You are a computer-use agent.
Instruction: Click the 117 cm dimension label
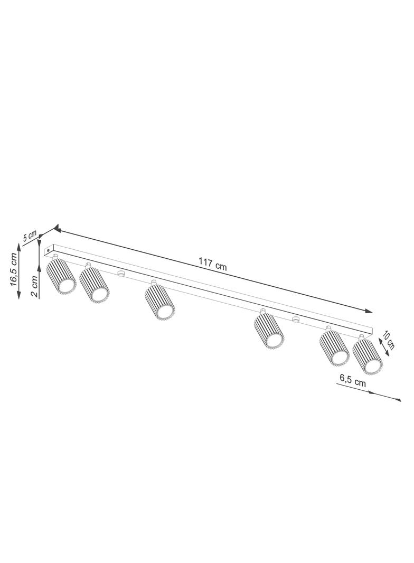pos(213,264)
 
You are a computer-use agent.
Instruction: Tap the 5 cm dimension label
pos(30,235)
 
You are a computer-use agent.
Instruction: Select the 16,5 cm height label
pos(14,269)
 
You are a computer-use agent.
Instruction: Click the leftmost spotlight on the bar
pos(61,275)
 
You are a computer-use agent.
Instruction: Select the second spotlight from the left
pos(94,282)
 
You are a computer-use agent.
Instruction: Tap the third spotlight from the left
pos(160,299)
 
